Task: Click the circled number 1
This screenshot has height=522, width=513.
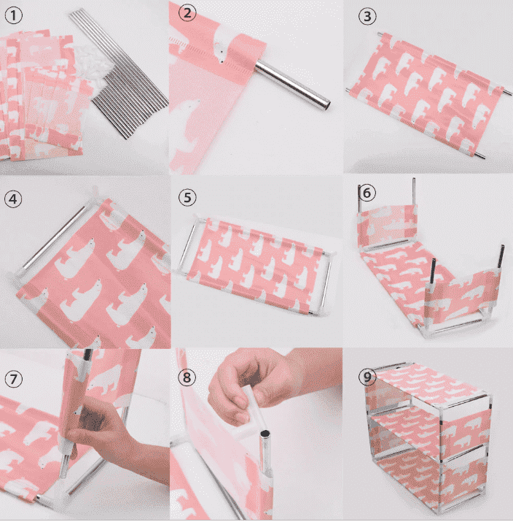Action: point(14,15)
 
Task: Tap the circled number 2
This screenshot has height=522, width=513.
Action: point(187,13)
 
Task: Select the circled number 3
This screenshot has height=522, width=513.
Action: point(367,16)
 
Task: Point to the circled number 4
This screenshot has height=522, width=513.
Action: point(13,199)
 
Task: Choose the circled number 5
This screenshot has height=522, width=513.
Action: point(187,197)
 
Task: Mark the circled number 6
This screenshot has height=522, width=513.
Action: point(367,193)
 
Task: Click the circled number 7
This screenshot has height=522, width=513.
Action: point(14,379)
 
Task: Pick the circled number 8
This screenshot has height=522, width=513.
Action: point(187,377)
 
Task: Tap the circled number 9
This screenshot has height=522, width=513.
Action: point(367,377)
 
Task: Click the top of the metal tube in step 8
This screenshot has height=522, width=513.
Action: point(265,434)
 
